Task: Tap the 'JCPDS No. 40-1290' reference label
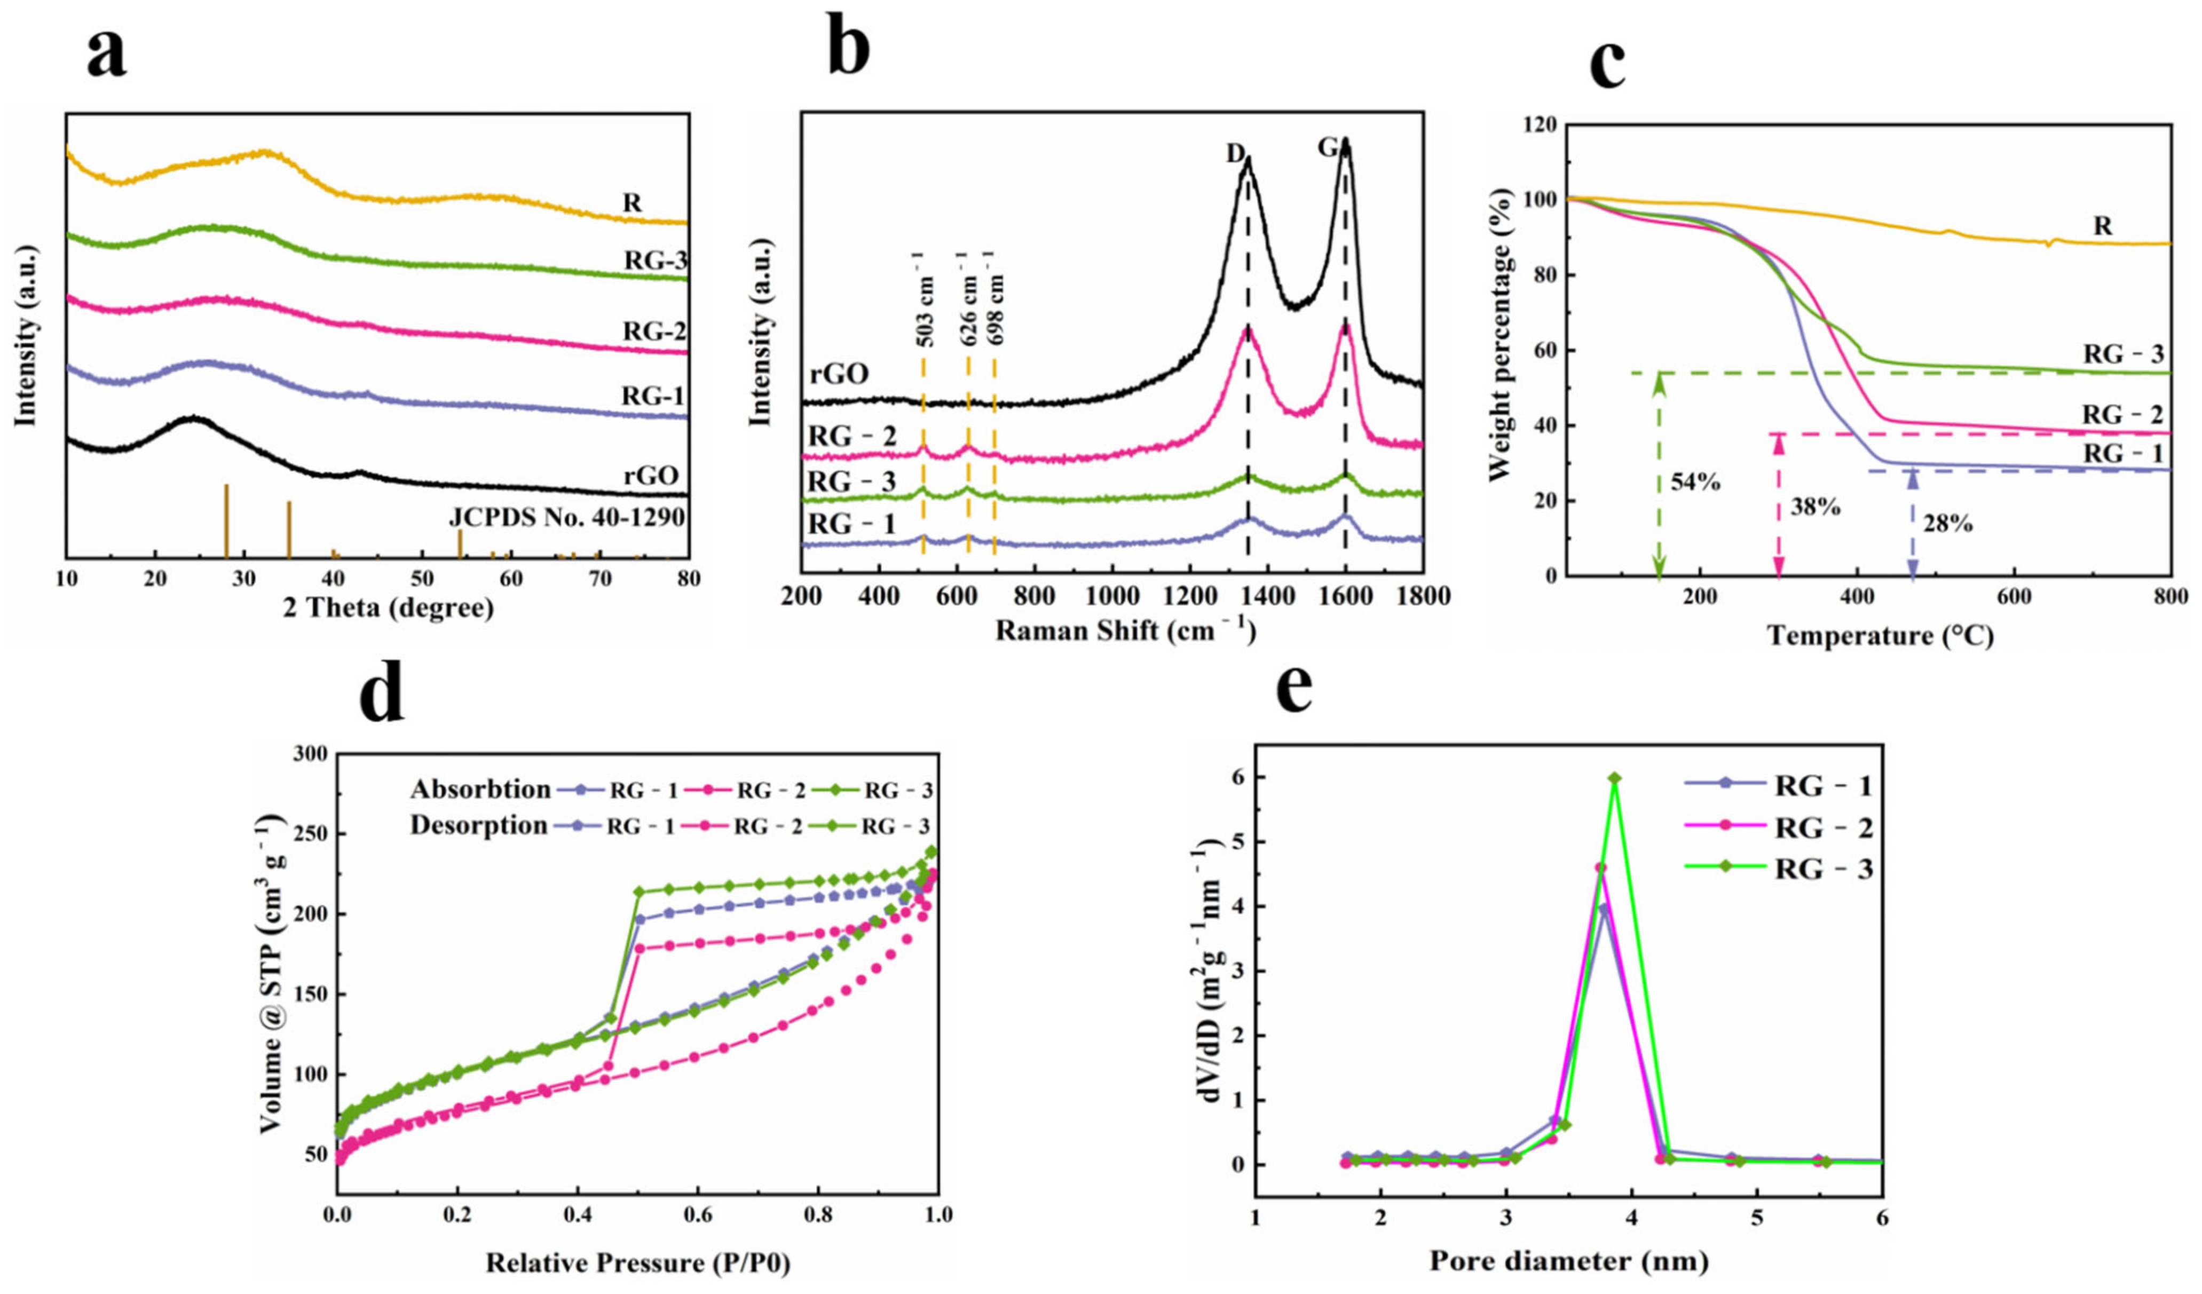pos(566,517)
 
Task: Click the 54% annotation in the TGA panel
pos(1695,482)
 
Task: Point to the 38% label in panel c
pos(1815,506)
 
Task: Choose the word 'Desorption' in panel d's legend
pos(479,825)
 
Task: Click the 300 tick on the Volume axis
pos(310,754)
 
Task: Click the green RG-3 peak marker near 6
pos(1615,778)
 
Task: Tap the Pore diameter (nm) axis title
pos(1568,1261)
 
